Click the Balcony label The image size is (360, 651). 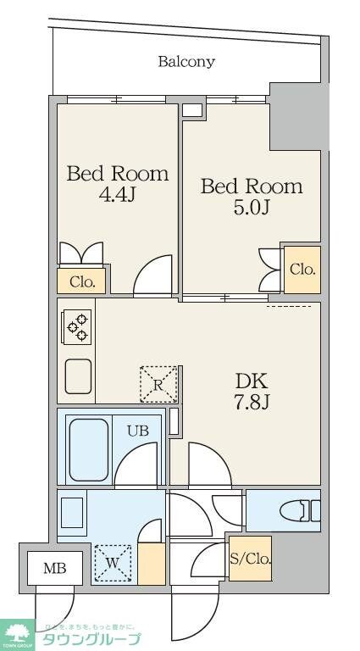186,62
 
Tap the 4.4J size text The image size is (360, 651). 118,194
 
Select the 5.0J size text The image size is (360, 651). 251,207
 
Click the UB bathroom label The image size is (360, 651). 138,431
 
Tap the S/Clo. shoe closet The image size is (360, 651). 250,559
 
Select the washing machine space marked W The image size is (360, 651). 114,563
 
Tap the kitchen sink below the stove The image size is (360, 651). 78,376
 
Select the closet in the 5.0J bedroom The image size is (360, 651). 302,270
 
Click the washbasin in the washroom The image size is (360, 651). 73,514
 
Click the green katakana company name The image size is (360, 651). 91,640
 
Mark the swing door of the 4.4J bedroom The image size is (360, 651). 154,275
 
